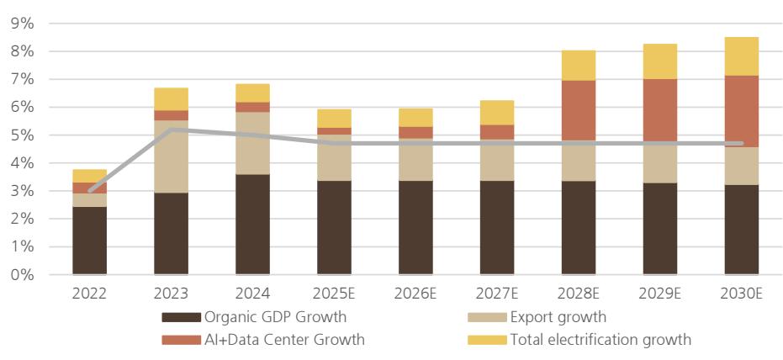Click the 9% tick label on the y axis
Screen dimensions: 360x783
coord(22,24)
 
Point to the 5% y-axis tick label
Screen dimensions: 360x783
coord(22,135)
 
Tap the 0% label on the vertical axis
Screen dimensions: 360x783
coord(22,275)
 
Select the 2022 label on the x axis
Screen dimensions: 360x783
coord(89,294)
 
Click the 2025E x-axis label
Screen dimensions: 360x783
coord(334,294)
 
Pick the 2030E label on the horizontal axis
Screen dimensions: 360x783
coord(741,294)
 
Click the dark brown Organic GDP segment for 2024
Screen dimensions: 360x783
coord(252,224)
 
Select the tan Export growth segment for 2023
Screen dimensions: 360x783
coord(171,156)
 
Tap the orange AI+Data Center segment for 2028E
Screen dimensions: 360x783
coord(578,110)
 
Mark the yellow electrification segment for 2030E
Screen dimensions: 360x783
coord(741,56)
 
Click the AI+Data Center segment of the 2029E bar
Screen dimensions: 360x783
coord(659,110)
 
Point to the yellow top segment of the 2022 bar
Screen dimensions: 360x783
coord(89,176)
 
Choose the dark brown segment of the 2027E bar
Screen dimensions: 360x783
coord(496,227)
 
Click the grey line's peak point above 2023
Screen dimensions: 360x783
coord(171,130)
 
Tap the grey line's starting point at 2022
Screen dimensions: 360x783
coord(89,191)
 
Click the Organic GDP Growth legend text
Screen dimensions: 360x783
coord(274,318)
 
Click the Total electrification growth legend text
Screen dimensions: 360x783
coord(600,340)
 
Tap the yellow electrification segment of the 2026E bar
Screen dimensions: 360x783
coord(415,117)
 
